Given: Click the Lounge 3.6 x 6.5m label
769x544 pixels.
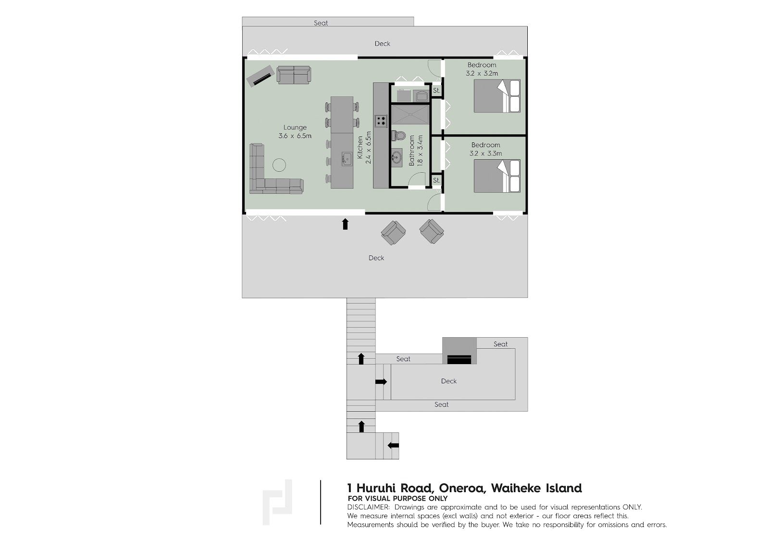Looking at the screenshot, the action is pos(295,132).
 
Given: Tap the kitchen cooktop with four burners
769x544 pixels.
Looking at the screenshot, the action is pos(381,120).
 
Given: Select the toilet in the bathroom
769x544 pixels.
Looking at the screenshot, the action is pos(399,135).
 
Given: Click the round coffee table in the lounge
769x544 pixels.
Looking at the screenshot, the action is pos(279,165).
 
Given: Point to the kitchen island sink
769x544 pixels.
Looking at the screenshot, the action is pos(347,159).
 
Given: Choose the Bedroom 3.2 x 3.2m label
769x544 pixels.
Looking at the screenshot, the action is pos(482,69).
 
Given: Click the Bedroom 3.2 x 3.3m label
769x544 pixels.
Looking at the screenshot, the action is pos(485,149).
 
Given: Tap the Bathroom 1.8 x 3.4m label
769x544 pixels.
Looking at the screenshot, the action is pos(415,151).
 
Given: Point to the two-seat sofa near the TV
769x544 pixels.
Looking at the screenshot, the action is pos(294,75).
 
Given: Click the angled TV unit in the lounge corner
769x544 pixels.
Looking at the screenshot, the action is pos(261,76).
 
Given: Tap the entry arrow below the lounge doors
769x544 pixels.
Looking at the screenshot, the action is pos(346,224).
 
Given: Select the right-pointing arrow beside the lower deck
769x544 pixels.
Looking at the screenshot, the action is pos(381,381).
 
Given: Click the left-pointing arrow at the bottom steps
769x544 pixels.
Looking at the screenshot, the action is pos(393,445).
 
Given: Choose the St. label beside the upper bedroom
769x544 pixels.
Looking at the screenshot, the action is pos(436,91).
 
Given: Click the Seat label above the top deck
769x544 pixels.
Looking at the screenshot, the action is pos(321,23).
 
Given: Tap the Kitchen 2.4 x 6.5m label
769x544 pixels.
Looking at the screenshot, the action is pos(364,148).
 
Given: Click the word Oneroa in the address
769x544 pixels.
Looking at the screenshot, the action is pos(462,488).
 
